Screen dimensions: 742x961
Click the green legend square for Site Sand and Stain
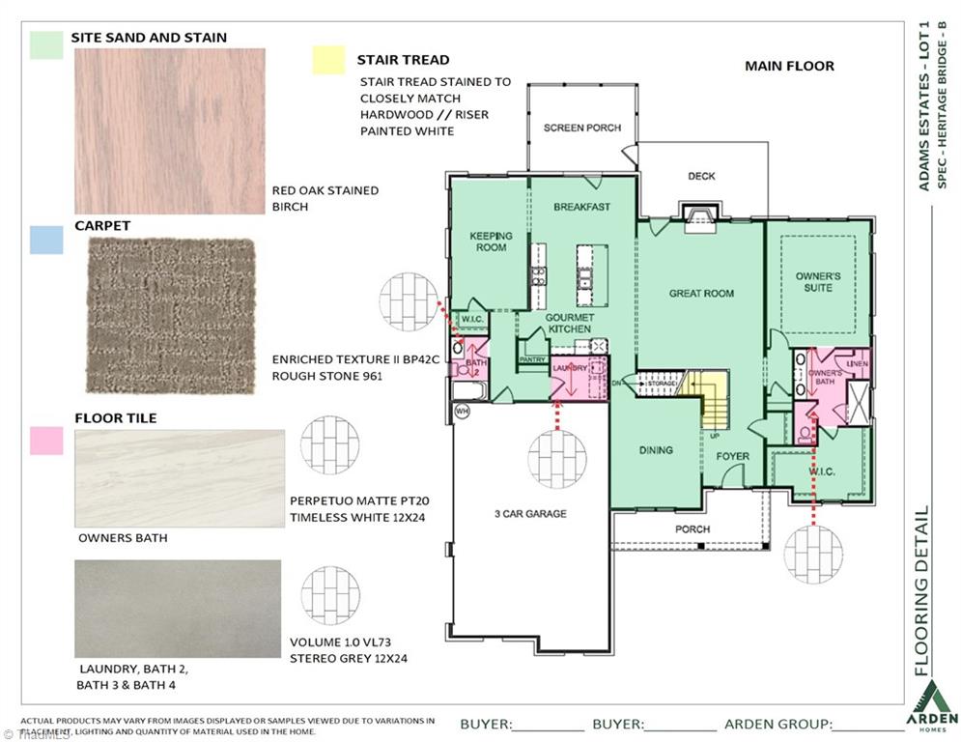click(x=46, y=44)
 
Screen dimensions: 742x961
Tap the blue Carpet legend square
click(x=46, y=240)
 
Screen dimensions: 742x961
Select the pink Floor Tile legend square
click(x=46, y=441)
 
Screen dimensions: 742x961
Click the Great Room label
click(x=701, y=294)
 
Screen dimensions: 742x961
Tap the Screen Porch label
click(x=582, y=128)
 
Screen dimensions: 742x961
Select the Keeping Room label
click(x=491, y=242)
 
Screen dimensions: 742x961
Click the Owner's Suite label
click(x=818, y=282)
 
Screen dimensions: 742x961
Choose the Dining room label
click(x=656, y=450)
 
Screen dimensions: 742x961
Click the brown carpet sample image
click(x=172, y=316)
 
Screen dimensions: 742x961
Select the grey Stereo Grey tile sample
click(x=178, y=609)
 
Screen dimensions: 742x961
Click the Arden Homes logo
click(x=934, y=708)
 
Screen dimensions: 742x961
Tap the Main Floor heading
click(x=789, y=67)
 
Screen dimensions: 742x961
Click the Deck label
click(x=701, y=176)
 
